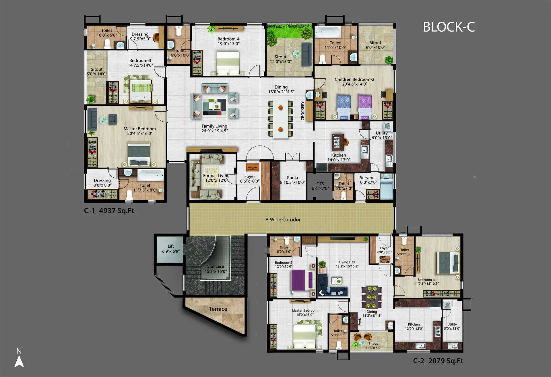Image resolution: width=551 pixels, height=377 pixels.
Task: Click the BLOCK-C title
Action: [x=449, y=27]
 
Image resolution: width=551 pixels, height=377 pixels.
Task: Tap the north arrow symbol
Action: [x=19, y=361]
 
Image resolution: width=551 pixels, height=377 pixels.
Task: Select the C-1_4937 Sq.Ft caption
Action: [x=109, y=211]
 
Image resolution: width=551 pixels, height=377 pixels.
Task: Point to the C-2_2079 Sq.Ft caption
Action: [x=438, y=361]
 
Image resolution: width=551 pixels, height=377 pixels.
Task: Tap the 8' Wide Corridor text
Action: [x=283, y=219]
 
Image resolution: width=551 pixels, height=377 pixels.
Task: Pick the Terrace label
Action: [x=218, y=309]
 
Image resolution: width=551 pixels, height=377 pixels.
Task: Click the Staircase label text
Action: [x=216, y=266]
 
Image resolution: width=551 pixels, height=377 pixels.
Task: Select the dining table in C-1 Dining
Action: [x=280, y=119]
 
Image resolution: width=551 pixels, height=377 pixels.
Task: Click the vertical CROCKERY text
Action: [x=302, y=111]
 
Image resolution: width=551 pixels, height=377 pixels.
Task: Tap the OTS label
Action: [x=320, y=184]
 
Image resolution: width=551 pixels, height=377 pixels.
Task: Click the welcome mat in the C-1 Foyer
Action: [x=252, y=167]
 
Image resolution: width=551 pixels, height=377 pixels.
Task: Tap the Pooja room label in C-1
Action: [x=292, y=178]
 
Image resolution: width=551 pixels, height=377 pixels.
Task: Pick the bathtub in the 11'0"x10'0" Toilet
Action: [x=328, y=32]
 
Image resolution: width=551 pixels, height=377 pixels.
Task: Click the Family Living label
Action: [x=214, y=126]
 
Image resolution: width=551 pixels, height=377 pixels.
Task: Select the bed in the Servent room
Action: [x=387, y=186]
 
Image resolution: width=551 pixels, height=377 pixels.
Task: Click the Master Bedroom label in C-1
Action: [x=140, y=129]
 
